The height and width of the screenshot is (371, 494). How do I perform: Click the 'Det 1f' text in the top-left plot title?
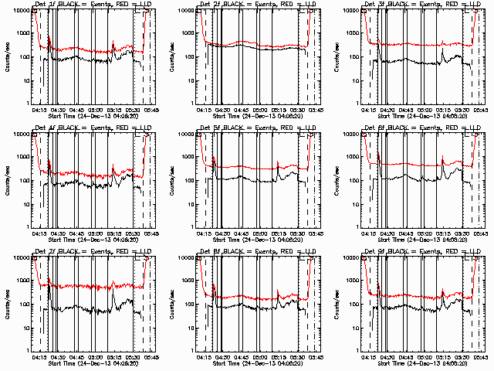click(x=44, y=6)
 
